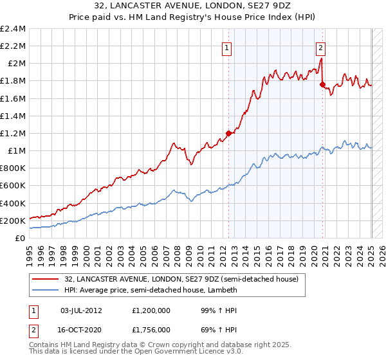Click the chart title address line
click(x=192, y=6)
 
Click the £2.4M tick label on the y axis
click(x=13, y=29)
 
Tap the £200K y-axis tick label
click(x=13, y=221)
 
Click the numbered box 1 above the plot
click(x=228, y=46)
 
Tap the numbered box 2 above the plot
click(x=320, y=46)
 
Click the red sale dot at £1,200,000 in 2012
click(x=228, y=133)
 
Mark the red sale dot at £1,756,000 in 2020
click(x=323, y=84)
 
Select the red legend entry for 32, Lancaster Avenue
click(x=181, y=280)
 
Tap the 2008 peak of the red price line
click(x=174, y=143)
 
